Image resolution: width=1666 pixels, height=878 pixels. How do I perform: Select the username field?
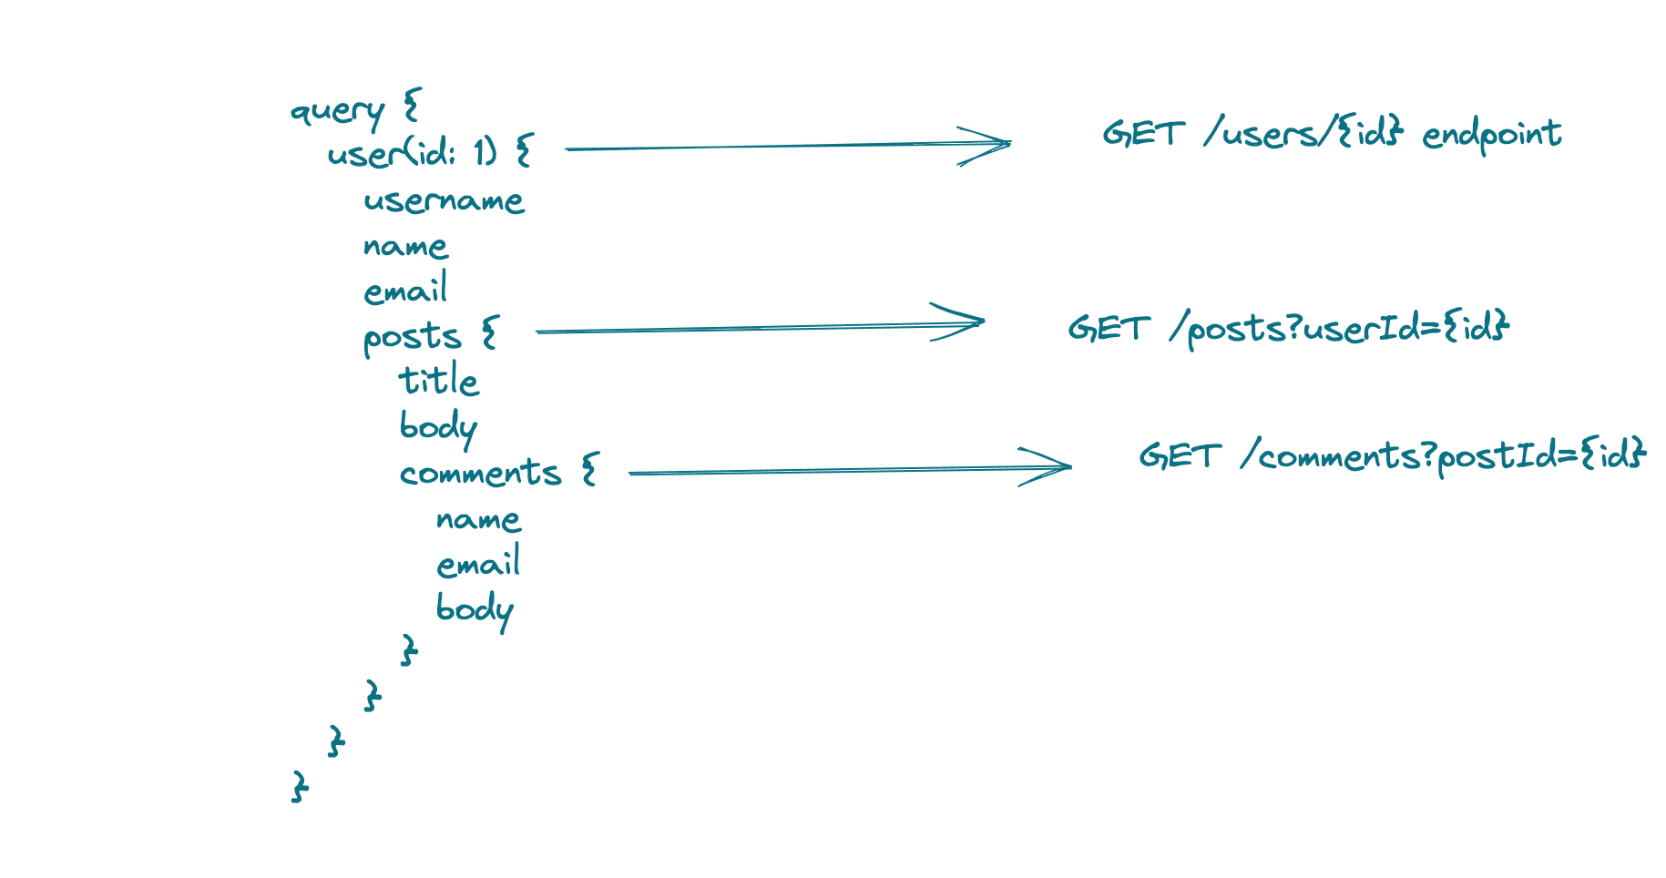444,200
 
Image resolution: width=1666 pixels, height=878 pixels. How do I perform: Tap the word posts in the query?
412,338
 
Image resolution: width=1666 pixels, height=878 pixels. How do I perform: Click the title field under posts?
438,380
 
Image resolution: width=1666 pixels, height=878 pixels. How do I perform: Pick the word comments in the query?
480,473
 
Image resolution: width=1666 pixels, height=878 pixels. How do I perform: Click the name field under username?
405,246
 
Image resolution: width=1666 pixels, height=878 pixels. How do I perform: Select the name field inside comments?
478,519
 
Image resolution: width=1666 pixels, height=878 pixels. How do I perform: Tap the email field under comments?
478,562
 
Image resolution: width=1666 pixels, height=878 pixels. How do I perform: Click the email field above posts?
405,289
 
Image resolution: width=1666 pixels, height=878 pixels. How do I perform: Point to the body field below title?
438,427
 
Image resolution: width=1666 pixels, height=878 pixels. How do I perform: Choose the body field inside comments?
475,609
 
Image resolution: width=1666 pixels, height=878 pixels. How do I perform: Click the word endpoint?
1492,135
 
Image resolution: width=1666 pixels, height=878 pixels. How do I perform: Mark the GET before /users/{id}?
1144,134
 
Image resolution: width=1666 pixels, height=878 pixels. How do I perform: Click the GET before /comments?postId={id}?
1180,455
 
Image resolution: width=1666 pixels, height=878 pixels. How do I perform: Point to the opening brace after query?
411,105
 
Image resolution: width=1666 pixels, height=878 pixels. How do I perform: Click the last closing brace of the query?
300,786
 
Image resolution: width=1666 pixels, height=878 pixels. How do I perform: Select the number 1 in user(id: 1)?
479,151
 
